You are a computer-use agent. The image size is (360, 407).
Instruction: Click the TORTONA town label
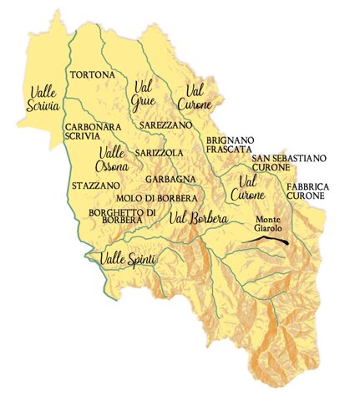[x=93, y=75]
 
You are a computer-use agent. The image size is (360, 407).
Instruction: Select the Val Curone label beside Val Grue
[x=196, y=99]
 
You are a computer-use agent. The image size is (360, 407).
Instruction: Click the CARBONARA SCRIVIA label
[x=94, y=132]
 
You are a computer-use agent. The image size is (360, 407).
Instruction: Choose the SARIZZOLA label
[x=159, y=155]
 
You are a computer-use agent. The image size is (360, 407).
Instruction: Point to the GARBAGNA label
[x=170, y=179]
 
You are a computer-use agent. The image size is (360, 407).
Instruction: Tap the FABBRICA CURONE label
[x=308, y=190]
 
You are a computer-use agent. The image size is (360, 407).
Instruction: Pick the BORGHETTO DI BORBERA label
[x=122, y=217]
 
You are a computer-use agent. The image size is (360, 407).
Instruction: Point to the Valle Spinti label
[x=129, y=261]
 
